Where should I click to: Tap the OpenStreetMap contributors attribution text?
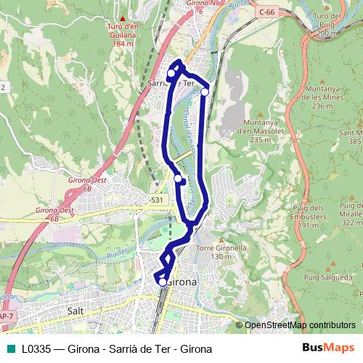pos(300,325)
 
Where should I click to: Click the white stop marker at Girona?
pos(163,282)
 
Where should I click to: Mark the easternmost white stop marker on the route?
pos(205,92)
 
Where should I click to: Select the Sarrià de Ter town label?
pos(172,83)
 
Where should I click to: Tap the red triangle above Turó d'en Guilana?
pos(123,18)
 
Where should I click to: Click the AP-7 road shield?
pos(7,317)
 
